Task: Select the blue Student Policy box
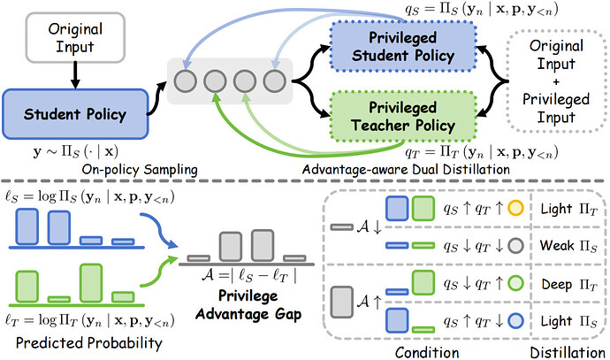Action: (x=75, y=114)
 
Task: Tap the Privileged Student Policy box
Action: (x=402, y=46)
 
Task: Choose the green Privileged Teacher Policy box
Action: (x=402, y=117)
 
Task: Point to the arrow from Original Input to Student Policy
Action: (x=75, y=75)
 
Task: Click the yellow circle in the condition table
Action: (x=515, y=208)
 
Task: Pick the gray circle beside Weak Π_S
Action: (x=515, y=246)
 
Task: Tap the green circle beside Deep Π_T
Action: (x=515, y=283)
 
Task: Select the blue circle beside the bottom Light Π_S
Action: (x=515, y=321)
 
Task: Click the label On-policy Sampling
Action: (x=140, y=170)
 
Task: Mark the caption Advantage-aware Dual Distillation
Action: (x=406, y=170)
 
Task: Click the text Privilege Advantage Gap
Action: (x=248, y=305)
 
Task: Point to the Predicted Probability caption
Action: (x=89, y=343)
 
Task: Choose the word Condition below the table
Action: (x=427, y=353)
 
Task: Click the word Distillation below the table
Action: (x=568, y=353)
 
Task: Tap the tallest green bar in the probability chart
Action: (x=91, y=283)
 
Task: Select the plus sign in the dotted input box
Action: (x=556, y=81)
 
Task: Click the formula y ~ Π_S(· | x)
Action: (x=75, y=151)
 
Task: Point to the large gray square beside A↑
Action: (x=341, y=302)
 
